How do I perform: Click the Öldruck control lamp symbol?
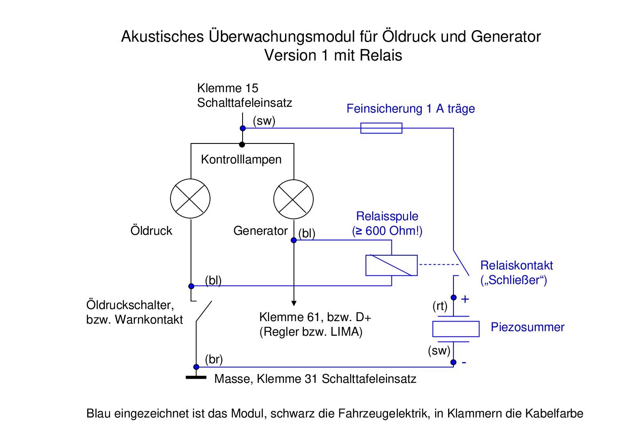190,199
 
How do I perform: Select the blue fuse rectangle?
381,128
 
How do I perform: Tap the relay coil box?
391,265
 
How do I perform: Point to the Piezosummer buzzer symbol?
456,329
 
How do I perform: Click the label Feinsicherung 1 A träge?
411,109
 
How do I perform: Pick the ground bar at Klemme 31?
196,378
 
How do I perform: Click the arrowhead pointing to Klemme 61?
294,303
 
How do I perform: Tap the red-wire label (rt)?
440,306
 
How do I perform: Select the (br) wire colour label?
214,359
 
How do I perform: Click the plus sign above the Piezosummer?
465,299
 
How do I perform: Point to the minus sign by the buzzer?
464,362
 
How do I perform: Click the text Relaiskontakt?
516,265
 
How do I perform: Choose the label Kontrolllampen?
241,159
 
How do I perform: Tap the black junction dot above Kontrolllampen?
242,144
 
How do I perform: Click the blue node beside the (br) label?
196,367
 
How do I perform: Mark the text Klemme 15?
228,88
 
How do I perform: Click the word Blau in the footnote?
99,413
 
